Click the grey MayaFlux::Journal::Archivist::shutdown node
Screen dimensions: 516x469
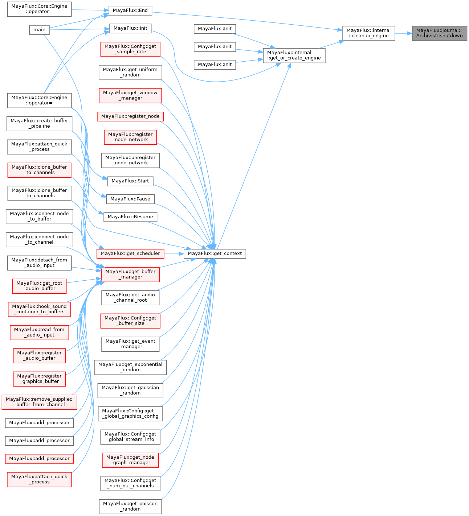click(x=439, y=33)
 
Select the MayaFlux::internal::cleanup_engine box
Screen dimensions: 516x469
click(x=368, y=33)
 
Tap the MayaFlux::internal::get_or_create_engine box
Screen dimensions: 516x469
click(x=294, y=55)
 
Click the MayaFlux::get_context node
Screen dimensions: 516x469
click(x=215, y=253)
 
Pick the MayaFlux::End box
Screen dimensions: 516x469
click(x=130, y=11)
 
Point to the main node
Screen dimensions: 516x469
click(x=39, y=30)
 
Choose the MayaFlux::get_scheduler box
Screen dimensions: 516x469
click(x=130, y=253)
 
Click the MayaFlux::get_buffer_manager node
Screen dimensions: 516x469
click(x=130, y=274)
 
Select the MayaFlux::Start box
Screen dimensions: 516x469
click(x=130, y=181)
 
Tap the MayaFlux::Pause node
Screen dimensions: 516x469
click(x=130, y=199)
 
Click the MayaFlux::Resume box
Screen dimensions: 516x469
click(x=130, y=217)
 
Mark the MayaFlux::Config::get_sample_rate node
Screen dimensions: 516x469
click(x=130, y=49)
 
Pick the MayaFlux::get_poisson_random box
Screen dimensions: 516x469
click(x=130, y=506)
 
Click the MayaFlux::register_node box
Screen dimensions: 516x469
click(x=130, y=116)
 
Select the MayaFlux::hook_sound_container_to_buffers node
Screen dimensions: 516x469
click(x=39, y=309)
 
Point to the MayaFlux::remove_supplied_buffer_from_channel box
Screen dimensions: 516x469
click(x=39, y=402)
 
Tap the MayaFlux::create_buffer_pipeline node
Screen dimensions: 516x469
click(x=39, y=123)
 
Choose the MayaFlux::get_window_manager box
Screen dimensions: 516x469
click(x=130, y=95)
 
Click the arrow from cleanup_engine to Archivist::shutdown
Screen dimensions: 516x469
click(x=403, y=33)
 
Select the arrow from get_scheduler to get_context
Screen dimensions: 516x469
click(x=174, y=253)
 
